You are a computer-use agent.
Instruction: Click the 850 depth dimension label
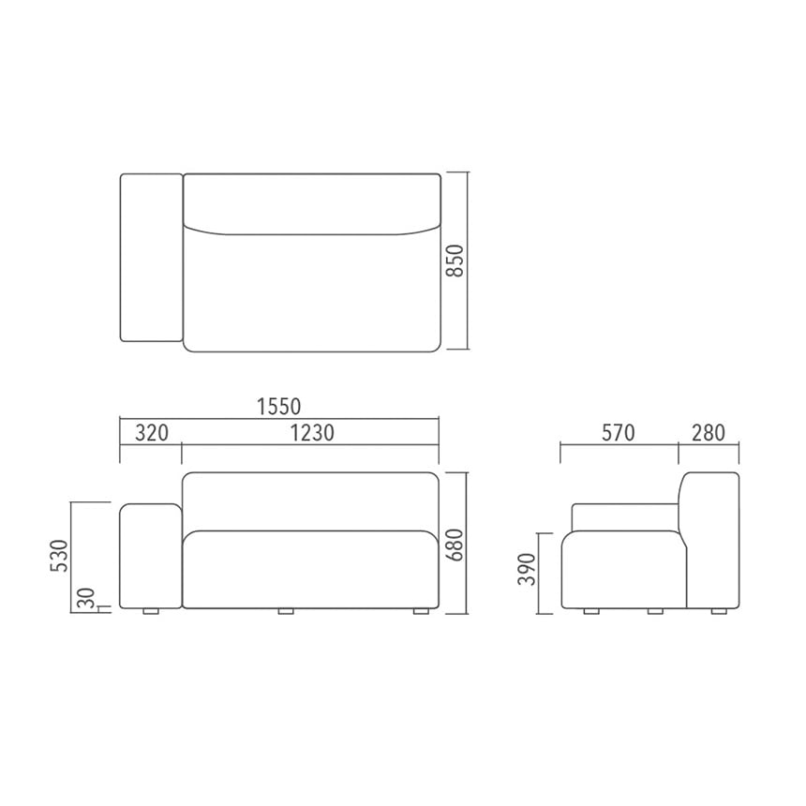[455, 261]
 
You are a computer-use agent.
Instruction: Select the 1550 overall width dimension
[279, 407]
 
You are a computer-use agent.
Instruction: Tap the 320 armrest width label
[152, 433]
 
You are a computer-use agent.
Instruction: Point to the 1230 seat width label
[312, 433]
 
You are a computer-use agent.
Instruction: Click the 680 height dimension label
[455, 545]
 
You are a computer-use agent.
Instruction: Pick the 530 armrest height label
[59, 556]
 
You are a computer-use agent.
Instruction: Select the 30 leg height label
[87, 598]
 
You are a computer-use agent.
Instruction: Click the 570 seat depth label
[618, 433]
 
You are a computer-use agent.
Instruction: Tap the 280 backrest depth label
[709, 433]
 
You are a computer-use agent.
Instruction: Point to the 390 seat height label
[527, 569]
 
